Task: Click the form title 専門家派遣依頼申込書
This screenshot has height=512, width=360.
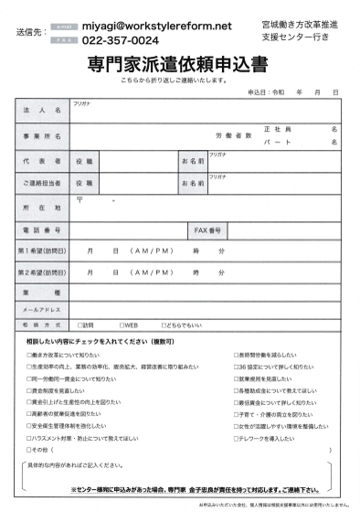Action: [180, 66]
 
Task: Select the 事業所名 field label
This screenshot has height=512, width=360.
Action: [43, 135]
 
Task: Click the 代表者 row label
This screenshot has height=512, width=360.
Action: [43, 161]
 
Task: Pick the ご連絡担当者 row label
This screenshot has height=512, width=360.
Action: [43, 183]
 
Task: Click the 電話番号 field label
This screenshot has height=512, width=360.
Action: [43, 230]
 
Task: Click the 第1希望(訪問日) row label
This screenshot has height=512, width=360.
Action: [43, 251]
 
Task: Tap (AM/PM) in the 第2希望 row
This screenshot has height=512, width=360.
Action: [152, 272]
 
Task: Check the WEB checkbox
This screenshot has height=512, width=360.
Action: [122, 324]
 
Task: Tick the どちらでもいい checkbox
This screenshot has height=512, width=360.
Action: [163, 324]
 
